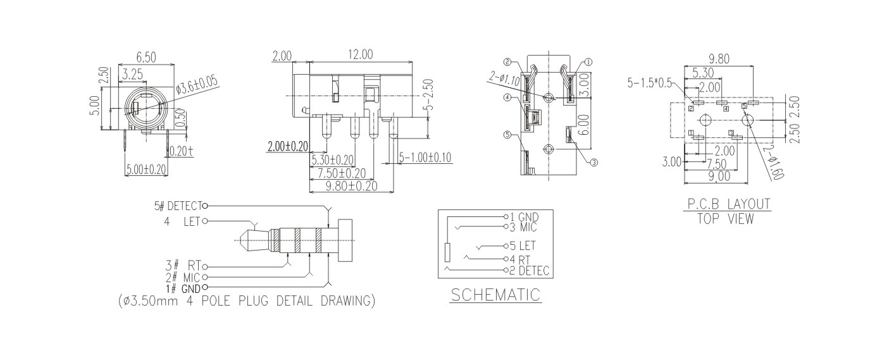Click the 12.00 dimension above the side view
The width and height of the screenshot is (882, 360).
click(360, 54)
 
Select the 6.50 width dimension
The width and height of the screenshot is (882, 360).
click(146, 58)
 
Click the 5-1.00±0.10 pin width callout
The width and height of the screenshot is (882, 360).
click(425, 158)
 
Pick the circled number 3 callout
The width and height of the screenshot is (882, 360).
click(593, 162)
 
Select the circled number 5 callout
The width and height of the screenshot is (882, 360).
click(507, 135)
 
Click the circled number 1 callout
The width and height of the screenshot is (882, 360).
click(588, 62)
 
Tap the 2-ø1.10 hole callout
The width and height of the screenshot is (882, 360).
click(504, 78)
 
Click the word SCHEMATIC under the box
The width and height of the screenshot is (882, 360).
click(495, 295)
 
